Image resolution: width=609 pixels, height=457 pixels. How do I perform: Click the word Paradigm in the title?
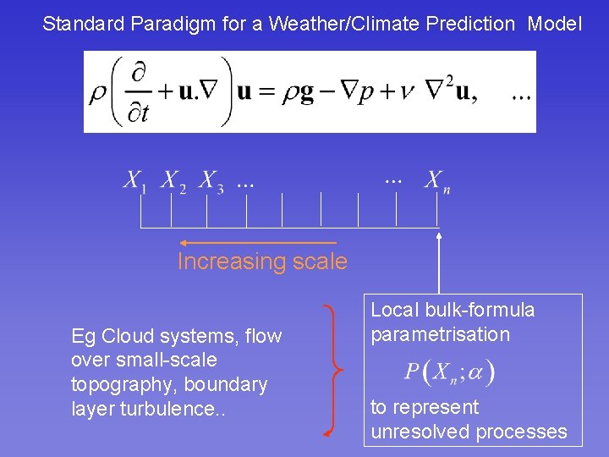(x=173, y=25)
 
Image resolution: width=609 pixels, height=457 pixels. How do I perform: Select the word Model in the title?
(x=555, y=24)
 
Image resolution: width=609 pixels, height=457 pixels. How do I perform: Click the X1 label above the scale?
(x=134, y=182)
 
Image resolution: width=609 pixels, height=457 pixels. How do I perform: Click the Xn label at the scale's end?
(x=437, y=182)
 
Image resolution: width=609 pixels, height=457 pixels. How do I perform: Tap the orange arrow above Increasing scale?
(x=258, y=243)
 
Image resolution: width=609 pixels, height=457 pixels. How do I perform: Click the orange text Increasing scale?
(x=262, y=262)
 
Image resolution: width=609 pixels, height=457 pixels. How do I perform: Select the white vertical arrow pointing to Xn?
(x=439, y=263)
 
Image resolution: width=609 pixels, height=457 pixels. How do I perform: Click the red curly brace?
(x=334, y=371)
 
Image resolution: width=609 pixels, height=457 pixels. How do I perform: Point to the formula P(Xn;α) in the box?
(x=449, y=372)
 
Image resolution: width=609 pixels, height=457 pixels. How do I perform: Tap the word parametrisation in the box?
(x=441, y=335)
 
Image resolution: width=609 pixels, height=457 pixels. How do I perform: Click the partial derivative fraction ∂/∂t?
(x=138, y=93)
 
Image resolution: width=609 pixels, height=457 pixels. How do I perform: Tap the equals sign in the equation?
(x=266, y=93)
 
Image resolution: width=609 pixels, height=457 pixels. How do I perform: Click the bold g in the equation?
(x=307, y=95)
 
